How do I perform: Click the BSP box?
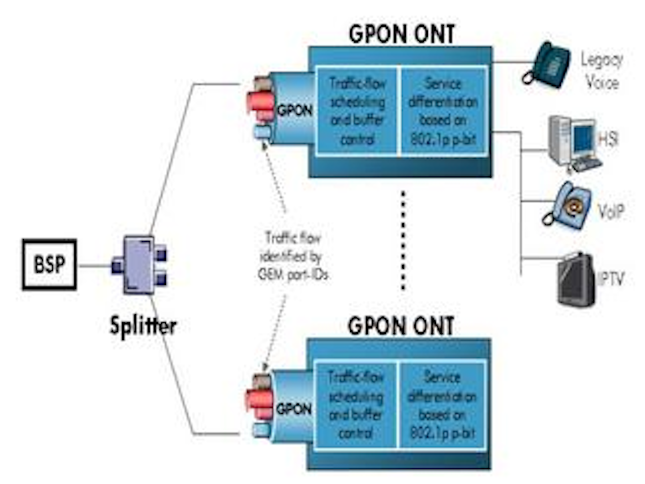pyautogui.click(x=49, y=264)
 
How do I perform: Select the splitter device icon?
pyautogui.click(x=139, y=265)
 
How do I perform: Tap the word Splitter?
pyautogui.click(x=143, y=325)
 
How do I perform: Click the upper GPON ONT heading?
pyautogui.click(x=402, y=34)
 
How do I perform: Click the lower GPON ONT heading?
pyautogui.click(x=401, y=326)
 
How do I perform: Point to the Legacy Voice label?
pyautogui.click(x=602, y=71)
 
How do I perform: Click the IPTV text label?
pyautogui.click(x=611, y=279)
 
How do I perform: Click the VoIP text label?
pyautogui.click(x=611, y=210)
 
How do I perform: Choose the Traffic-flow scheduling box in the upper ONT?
pyautogui.click(x=357, y=111)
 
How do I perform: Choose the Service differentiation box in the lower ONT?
pyautogui.click(x=443, y=404)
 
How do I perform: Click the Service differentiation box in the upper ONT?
pyautogui.click(x=443, y=111)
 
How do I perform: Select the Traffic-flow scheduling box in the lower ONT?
pyautogui.click(x=356, y=404)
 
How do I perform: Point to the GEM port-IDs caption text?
pyautogui.click(x=293, y=256)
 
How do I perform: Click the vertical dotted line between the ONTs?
pyautogui.click(x=403, y=241)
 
